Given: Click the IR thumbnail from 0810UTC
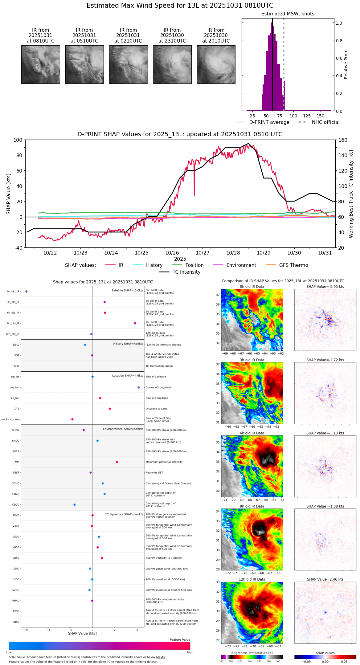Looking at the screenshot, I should click(41, 64).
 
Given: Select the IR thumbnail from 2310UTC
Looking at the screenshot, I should click(172, 64).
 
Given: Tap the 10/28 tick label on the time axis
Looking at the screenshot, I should click(233, 253).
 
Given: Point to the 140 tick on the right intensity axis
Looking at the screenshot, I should click(343, 155).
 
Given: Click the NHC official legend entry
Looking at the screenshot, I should click(325, 122).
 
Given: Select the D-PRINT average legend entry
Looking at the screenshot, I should click(269, 122).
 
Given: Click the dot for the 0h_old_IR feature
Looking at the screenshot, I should click(27, 292).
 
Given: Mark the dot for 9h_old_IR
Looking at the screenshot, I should click(135, 324).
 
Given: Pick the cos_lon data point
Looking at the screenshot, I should click(139, 388).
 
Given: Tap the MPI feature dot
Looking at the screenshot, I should click(117, 462).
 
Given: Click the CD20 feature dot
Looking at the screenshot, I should click(75, 505).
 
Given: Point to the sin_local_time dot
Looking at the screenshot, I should click(72, 419).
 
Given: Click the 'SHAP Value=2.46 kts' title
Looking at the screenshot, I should click(325, 580).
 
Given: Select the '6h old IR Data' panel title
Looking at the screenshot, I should click(252, 433).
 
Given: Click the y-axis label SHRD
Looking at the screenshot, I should click(15, 430).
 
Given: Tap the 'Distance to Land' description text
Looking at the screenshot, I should click(157, 409).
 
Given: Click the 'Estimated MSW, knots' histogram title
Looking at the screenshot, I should click(288, 14).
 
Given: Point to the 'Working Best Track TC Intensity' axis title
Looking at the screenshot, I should click(351, 194).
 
